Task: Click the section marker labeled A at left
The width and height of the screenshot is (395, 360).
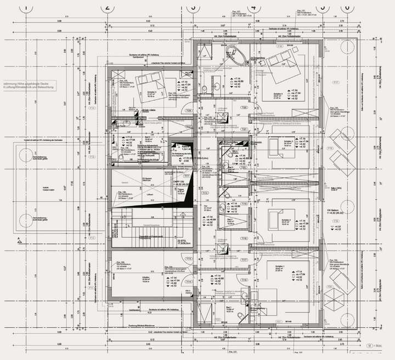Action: click(x=19, y=239)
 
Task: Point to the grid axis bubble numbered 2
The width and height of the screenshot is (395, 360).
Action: click(x=108, y=7)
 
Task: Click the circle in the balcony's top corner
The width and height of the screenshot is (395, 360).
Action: click(x=348, y=44)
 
